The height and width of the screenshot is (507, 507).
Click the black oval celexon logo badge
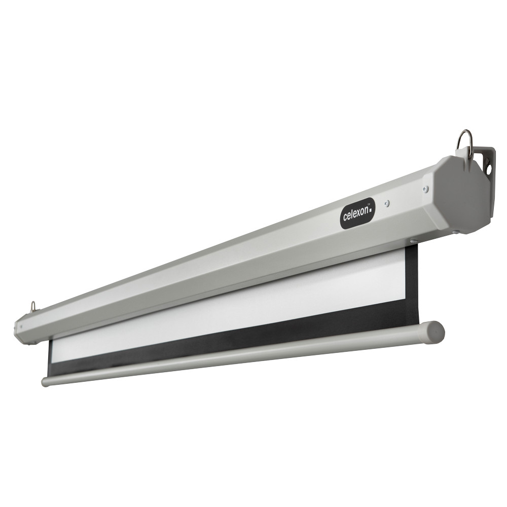point(357,213)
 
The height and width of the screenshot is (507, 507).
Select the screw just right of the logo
point(387,203)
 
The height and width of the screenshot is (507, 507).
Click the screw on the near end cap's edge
point(425,189)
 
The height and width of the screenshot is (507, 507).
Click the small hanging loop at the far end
point(33,306)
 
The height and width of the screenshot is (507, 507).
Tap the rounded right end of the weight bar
point(434,332)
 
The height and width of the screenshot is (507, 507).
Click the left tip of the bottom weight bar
point(45,382)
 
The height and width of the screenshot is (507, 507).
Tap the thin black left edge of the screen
point(50,357)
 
